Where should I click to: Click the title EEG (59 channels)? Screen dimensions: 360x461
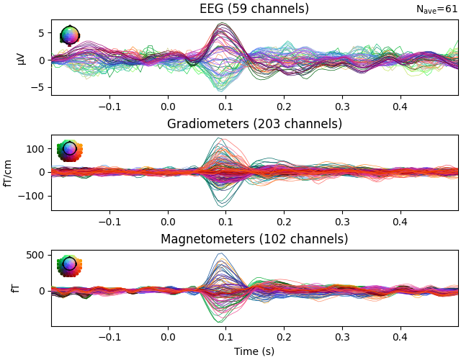254,9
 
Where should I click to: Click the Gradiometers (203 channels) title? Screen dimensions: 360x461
254,124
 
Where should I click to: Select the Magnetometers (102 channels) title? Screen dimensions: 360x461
254,239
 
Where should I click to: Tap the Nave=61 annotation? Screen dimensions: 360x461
437,9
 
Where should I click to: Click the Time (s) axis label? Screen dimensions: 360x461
254,351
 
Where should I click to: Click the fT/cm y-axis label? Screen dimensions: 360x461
9,172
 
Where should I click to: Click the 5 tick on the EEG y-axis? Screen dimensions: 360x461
42,33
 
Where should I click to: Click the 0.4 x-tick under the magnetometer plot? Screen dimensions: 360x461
400,336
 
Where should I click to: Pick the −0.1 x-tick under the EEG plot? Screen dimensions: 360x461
109,106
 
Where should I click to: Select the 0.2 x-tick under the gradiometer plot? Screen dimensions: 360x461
284,221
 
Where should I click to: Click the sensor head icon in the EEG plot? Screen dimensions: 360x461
69,35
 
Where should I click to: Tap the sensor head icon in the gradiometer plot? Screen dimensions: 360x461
69,150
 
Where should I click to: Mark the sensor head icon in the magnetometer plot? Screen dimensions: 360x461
69,265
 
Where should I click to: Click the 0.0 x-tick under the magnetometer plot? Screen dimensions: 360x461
168,336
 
